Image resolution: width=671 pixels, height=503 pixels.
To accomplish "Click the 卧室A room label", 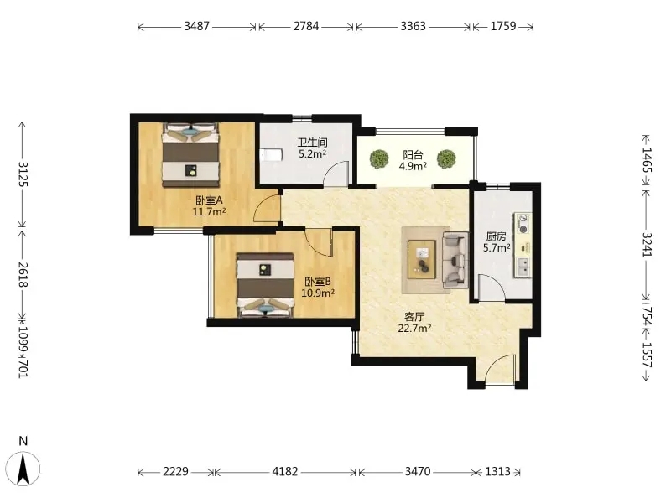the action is (x=209, y=200).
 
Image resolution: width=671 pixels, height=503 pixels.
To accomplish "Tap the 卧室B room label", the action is (x=318, y=282).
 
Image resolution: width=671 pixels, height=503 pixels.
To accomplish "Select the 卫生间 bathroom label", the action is (x=312, y=143).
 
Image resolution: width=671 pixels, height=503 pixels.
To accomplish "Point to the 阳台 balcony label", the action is (x=413, y=155).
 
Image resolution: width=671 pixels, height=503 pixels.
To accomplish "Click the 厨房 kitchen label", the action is (x=497, y=236).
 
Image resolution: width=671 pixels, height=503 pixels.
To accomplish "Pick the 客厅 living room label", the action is (x=414, y=317).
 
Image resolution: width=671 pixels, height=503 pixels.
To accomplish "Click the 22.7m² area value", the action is (x=414, y=329).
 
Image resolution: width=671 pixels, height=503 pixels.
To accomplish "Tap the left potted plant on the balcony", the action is (x=379, y=158).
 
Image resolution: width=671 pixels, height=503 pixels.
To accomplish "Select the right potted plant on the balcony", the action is (x=446, y=158).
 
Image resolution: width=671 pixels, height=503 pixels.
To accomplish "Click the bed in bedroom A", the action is (x=190, y=155).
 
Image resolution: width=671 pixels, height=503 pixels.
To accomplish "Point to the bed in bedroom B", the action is (x=265, y=285).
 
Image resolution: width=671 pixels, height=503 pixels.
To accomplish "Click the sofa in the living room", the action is (x=455, y=260).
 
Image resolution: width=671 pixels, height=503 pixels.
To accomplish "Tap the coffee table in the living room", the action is (x=422, y=260).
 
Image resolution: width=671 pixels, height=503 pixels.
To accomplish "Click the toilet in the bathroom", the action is (x=271, y=155).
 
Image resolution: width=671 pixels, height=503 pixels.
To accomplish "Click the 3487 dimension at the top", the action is (x=197, y=27).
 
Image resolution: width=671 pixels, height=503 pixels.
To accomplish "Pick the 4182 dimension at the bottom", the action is (x=285, y=471).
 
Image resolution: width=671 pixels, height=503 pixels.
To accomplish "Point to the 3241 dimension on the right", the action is (x=647, y=245).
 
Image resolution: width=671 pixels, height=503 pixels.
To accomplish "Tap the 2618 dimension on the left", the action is (x=23, y=275).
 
